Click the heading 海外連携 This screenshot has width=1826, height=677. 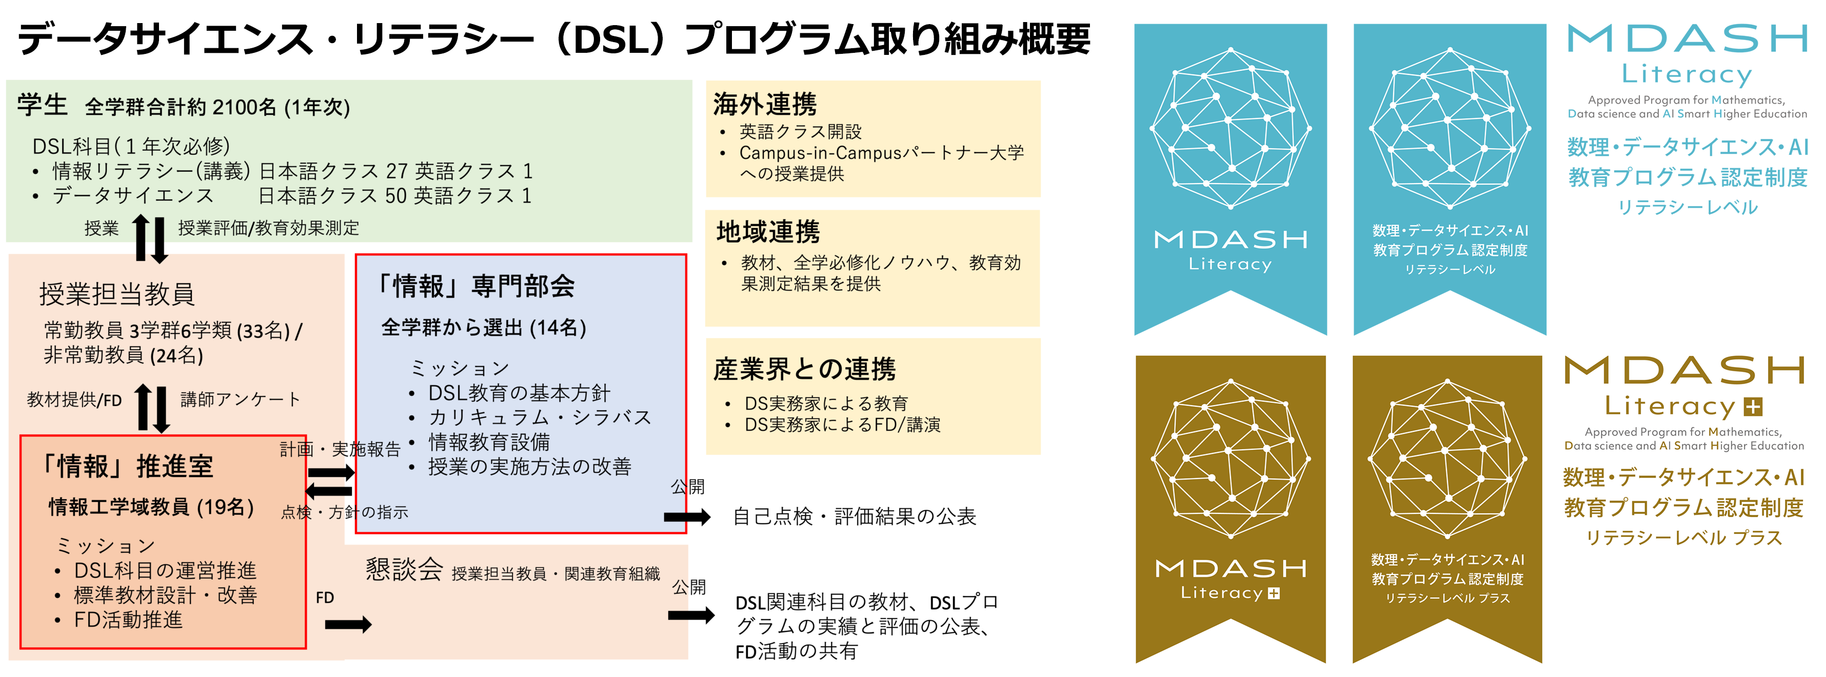(x=765, y=104)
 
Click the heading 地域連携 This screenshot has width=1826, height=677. (x=768, y=232)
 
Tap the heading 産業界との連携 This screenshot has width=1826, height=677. (x=805, y=369)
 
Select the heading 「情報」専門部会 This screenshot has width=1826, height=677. (x=475, y=286)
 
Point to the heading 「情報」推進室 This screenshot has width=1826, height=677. (x=128, y=466)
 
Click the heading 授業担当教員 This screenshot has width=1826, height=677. (x=117, y=293)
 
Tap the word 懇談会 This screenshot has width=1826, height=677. (x=404, y=569)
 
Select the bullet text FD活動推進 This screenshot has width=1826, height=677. (x=128, y=620)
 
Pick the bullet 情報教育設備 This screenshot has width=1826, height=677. (x=489, y=442)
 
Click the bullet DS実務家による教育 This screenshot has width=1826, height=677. (x=826, y=403)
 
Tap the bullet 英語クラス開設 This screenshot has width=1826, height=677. (x=800, y=132)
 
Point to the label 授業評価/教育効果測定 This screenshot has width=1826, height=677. (x=269, y=228)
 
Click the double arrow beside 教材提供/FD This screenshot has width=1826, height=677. (x=152, y=408)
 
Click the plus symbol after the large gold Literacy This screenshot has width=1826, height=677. (x=1753, y=407)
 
